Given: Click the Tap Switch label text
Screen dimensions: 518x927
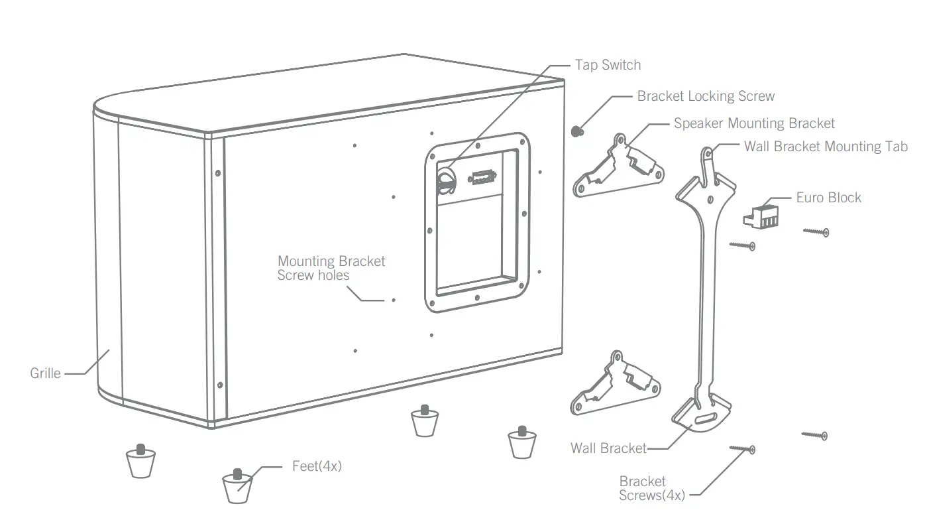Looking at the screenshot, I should click(x=608, y=65).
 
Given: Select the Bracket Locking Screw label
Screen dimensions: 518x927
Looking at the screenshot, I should click(x=705, y=96).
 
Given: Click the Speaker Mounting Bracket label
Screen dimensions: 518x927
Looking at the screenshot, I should click(x=754, y=123).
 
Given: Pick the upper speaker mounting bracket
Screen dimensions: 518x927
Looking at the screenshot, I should click(x=618, y=169).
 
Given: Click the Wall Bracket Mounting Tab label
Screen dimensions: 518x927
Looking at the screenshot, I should click(x=825, y=147).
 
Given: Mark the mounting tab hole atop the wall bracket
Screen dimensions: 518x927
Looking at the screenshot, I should click(x=708, y=154).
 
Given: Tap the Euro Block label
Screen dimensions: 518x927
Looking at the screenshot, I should click(x=828, y=198).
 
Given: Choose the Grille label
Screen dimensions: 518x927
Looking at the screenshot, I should click(x=45, y=373).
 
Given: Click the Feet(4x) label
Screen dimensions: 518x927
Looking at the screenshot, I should click(x=317, y=466).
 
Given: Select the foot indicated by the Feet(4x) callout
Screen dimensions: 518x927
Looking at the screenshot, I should click(x=237, y=486).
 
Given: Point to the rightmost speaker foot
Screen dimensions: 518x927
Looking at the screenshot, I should click(x=521, y=442).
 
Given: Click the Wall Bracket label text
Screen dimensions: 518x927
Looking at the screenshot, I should click(x=608, y=448).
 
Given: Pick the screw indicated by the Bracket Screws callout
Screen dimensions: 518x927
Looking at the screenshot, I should click(x=743, y=449).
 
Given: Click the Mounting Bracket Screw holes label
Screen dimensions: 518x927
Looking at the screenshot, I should click(x=331, y=268).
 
